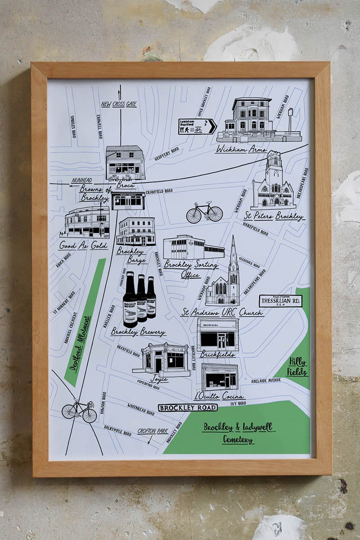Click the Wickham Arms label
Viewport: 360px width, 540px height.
241,149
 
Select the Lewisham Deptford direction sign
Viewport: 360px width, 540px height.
197,127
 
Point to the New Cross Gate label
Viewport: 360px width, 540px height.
118,104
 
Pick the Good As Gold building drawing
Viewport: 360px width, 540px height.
85,222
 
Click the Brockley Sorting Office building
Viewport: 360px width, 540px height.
193,247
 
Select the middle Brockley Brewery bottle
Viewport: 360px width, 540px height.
142,298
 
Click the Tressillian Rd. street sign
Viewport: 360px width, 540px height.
280,301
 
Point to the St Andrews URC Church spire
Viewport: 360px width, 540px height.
233,257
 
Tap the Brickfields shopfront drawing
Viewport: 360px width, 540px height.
217,335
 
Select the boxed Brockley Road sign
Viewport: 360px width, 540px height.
187,408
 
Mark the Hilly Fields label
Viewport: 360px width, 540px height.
298,366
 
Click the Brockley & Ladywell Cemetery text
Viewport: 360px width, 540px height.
238,432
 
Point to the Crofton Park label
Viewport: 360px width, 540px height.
153,431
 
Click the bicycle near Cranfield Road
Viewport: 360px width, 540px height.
204,212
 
